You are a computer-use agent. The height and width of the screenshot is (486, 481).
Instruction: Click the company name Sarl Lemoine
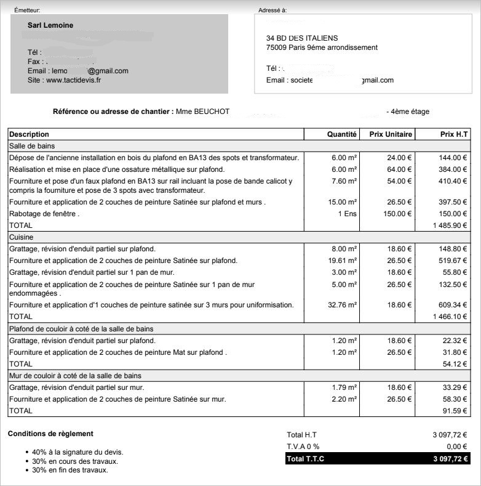[x=50, y=25]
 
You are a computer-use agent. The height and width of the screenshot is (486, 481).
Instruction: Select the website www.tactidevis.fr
[x=73, y=80]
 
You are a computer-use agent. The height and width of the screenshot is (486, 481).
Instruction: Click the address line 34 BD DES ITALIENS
[x=302, y=38]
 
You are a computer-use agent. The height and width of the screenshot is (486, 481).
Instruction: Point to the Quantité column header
[x=342, y=134]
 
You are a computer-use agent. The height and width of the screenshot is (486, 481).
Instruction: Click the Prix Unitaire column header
[x=391, y=134]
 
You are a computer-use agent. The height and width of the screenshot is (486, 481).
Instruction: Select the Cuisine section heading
[x=21, y=237]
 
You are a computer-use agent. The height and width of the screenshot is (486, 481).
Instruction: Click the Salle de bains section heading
[x=32, y=146]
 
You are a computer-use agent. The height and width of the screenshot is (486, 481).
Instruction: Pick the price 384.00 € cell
[x=452, y=169]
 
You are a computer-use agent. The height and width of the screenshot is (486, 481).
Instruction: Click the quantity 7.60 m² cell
[x=344, y=181]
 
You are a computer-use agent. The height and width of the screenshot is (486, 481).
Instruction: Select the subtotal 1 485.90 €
[x=450, y=225]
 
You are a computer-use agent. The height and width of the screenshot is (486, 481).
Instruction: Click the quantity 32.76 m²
[x=342, y=305]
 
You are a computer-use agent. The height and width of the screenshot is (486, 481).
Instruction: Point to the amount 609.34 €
[x=452, y=305]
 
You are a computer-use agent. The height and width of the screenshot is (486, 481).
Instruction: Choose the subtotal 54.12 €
[x=455, y=364]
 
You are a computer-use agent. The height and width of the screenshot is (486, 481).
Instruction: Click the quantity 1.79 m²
[x=344, y=387]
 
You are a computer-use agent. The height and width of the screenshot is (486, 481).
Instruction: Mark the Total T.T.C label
[x=305, y=459]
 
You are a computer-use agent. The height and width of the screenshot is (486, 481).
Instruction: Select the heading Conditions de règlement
[x=50, y=434]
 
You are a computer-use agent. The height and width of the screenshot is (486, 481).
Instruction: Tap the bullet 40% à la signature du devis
[x=78, y=452]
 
